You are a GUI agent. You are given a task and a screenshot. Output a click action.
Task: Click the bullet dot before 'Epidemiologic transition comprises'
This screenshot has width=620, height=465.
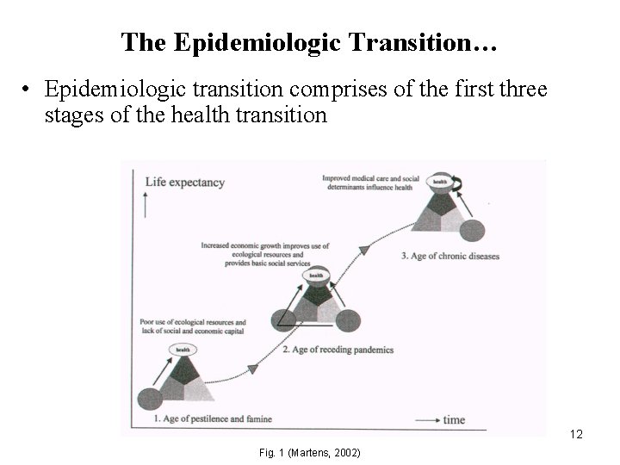tap(28, 90)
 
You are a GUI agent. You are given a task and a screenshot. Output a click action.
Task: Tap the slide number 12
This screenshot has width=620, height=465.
tap(577, 435)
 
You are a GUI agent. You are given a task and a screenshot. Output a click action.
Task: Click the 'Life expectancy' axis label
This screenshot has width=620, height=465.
tap(184, 183)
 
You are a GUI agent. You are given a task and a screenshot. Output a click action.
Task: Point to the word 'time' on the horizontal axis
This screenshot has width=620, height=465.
tap(454, 420)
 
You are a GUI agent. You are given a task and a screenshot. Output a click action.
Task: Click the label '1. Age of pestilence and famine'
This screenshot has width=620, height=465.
tap(213, 419)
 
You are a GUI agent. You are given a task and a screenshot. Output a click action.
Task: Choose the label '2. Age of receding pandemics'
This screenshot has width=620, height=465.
tap(338, 350)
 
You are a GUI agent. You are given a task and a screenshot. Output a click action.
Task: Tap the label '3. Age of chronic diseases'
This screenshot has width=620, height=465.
tap(450, 256)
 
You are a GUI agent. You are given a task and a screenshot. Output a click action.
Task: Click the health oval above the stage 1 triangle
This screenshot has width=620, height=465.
tap(183, 349)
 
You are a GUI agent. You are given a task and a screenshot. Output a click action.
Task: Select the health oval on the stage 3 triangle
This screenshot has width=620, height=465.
tap(439, 182)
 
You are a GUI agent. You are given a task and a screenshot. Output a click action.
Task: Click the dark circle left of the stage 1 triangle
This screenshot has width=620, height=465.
tap(149, 400)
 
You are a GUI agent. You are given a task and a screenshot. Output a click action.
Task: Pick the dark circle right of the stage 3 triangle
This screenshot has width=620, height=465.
tap(473, 230)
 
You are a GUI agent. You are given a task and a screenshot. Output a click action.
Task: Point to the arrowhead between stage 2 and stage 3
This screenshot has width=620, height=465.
tap(363, 251)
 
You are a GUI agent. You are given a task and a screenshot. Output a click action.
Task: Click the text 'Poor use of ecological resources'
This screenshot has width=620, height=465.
tap(192, 322)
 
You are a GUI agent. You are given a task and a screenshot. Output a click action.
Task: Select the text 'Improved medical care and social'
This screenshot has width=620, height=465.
tap(370, 178)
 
